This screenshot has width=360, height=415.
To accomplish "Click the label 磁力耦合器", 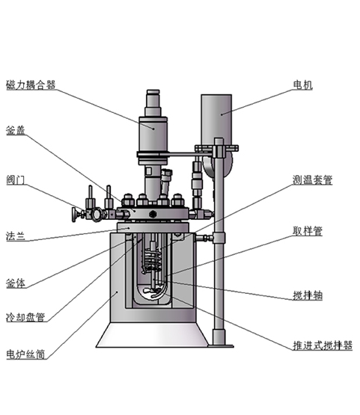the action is click(31, 85).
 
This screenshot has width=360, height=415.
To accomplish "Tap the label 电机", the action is click(303, 85).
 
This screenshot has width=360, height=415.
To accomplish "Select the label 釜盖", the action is click(16, 130).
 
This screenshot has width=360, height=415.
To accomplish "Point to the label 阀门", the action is click(16, 180).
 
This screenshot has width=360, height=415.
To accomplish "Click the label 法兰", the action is click(16, 236).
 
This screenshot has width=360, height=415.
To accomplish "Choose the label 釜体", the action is click(16, 283).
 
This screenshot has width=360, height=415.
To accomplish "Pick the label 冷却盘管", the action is click(25, 317).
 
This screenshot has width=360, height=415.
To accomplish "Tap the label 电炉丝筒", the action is click(25, 354).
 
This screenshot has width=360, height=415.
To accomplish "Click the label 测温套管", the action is click(312, 180).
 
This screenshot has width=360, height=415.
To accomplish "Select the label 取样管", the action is click(308, 231).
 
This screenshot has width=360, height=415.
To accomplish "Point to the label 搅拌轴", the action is click(308, 295).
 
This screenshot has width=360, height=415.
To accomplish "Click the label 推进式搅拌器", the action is click(323, 345).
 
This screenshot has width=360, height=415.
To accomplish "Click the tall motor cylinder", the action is click(216, 120).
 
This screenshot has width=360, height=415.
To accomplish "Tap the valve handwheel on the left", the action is click(74, 214).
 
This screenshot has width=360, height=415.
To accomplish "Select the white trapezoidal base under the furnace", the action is click(152, 335).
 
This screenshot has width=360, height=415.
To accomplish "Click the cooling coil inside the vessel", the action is click(153, 261).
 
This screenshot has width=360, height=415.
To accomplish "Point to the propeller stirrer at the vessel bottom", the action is click(153, 292).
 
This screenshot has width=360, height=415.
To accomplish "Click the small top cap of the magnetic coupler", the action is click(153, 92).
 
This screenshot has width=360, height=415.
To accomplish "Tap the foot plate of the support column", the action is click(221, 345).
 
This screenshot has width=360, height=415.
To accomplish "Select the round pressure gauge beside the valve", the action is click(97, 214).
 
